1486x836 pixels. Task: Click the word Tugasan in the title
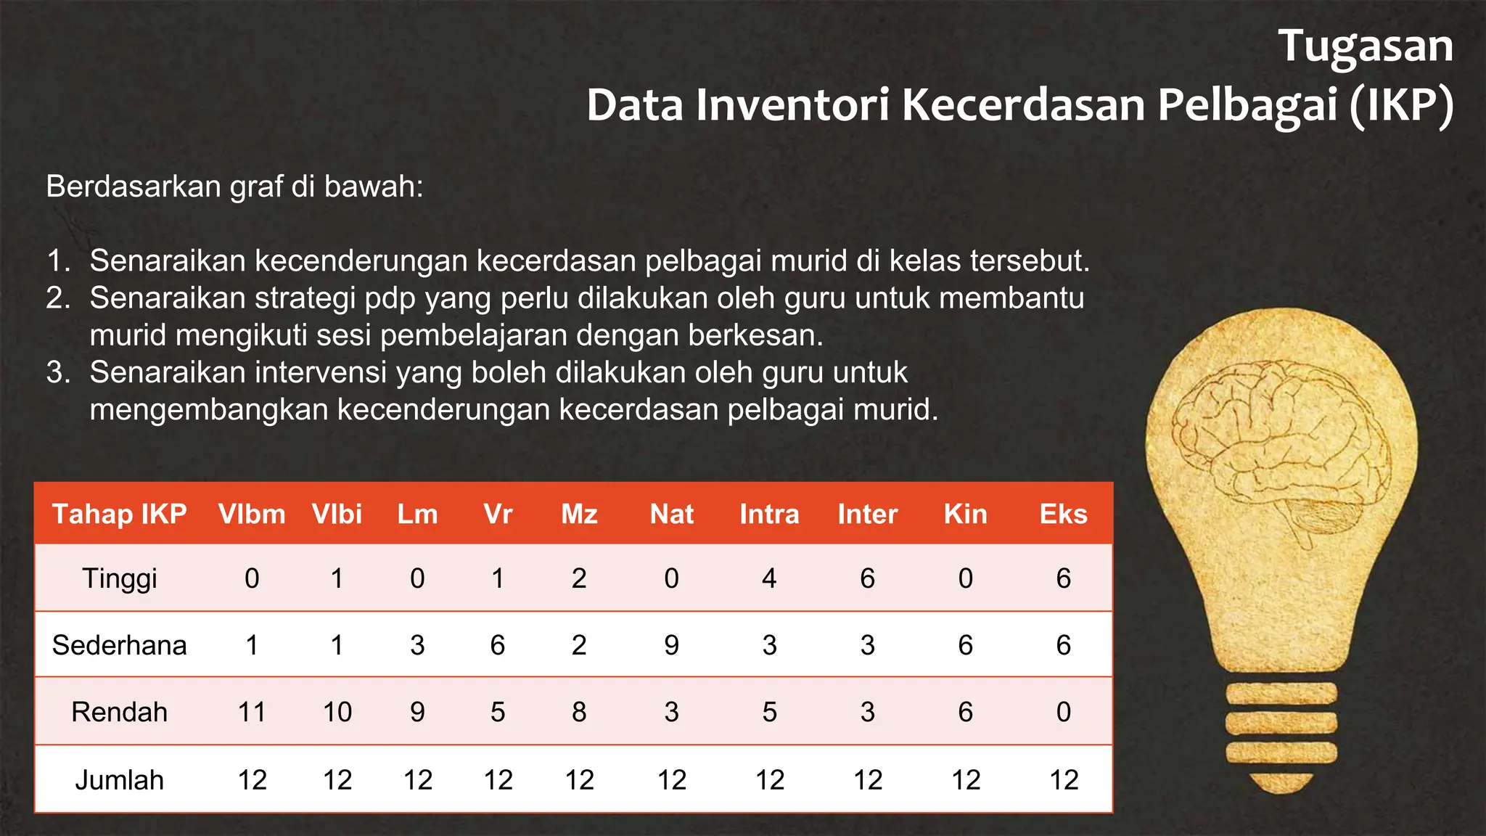point(1365,46)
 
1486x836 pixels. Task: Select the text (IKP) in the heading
point(1402,105)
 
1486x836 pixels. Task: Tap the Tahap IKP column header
point(120,514)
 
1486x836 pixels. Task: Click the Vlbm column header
point(252,514)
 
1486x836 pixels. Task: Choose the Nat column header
point(671,514)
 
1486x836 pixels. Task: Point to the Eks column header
point(1063,514)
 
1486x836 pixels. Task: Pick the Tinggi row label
point(120,578)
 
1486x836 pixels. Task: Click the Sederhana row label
point(120,645)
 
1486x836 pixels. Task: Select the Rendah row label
point(120,712)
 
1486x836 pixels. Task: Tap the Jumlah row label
point(120,780)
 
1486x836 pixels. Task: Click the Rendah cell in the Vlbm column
point(252,712)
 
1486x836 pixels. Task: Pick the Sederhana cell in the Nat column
point(671,645)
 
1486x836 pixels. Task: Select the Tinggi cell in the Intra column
point(769,578)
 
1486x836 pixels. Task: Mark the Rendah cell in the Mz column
point(579,712)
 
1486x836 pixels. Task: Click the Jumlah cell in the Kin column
point(966,780)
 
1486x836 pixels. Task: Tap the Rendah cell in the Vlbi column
point(337,712)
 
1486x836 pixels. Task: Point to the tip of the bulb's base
point(1281,785)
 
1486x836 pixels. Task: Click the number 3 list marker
point(58,372)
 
